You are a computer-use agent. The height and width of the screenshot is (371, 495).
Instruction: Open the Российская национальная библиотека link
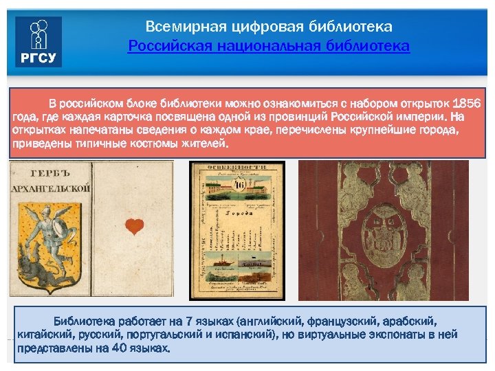coord(269,46)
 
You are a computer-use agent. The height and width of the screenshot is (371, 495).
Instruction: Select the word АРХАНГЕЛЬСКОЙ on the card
coord(49,188)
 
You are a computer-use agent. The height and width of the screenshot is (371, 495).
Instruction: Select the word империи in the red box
coord(418,117)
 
